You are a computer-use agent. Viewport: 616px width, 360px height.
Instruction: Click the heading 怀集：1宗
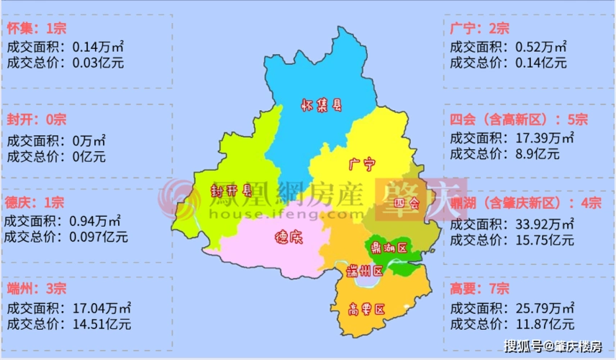point(36,29)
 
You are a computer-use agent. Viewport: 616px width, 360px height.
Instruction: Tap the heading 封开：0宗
point(36,119)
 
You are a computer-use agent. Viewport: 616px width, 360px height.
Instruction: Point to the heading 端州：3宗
point(36,289)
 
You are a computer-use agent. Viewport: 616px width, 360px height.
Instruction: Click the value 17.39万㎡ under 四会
point(544,137)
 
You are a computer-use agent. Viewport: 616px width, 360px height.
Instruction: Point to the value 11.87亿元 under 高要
point(544,323)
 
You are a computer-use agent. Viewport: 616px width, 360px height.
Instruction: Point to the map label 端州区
point(363,271)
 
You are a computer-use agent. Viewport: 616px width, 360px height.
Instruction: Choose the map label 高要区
point(366,310)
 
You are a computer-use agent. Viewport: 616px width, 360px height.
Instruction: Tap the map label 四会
point(407,204)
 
